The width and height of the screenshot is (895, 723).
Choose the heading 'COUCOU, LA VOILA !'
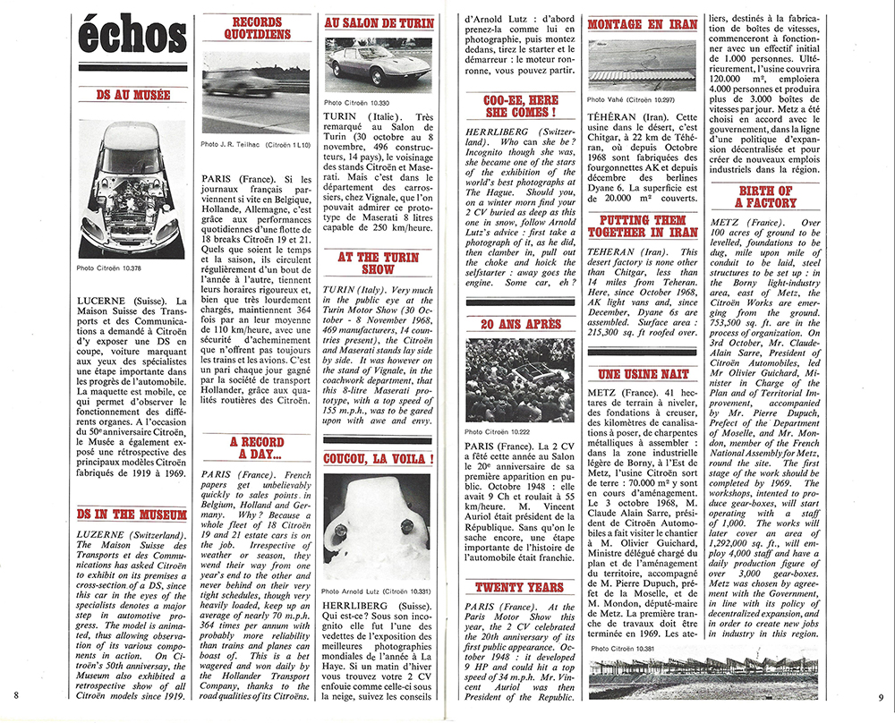pyautogui.click(x=379, y=459)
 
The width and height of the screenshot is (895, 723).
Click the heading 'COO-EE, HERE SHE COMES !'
pyautogui.click(x=520, y=106)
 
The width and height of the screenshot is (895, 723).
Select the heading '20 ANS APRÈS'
pyautogui.click(x=520, y=324)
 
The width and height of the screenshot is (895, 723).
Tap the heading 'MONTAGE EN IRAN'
pyautogui.click(x=643, y=25)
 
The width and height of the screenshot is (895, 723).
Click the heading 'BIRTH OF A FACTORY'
pyautogui.click(x=765, y=198)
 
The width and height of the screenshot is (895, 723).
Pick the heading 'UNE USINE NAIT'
pyautogui.click(x=643, y=373)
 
